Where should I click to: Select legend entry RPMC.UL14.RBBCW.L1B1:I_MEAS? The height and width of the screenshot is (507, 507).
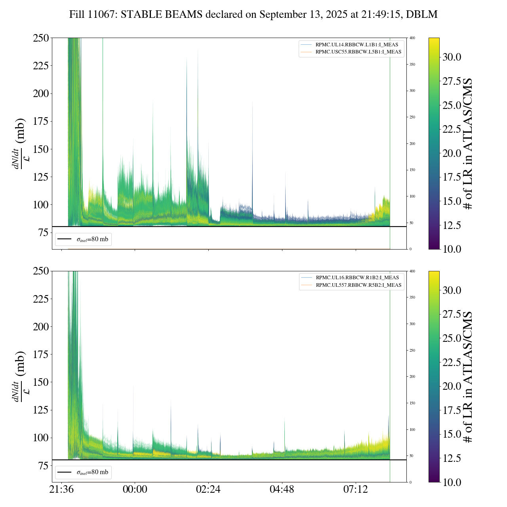(x=356, y=45)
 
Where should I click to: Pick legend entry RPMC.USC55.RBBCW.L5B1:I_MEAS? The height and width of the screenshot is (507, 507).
(x=358, y=52)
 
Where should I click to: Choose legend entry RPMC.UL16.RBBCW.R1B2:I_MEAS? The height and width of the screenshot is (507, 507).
(x=357, y=278)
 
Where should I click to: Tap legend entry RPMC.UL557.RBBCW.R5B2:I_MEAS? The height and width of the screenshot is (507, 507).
(x=358, y=285)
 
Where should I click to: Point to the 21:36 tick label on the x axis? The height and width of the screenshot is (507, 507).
(x=61, y=490)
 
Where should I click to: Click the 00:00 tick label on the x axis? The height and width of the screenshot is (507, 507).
(x=135, y=490)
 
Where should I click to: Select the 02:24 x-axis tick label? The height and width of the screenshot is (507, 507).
(x=208, y=490)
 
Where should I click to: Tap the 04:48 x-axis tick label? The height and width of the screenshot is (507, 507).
(x=282, y=490)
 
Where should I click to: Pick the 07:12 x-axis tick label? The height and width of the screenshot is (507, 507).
(x=356, y=490)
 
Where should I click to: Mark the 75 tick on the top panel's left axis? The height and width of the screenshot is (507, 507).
(x=43, y=233)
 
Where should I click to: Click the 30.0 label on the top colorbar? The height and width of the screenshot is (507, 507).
(x=452, y=57)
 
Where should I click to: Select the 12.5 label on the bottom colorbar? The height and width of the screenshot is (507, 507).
(x=452, y=458)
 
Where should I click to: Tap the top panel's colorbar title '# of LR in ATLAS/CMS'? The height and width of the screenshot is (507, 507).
(x=468, y=143)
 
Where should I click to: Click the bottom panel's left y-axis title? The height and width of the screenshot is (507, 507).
(x=20, y=376)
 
